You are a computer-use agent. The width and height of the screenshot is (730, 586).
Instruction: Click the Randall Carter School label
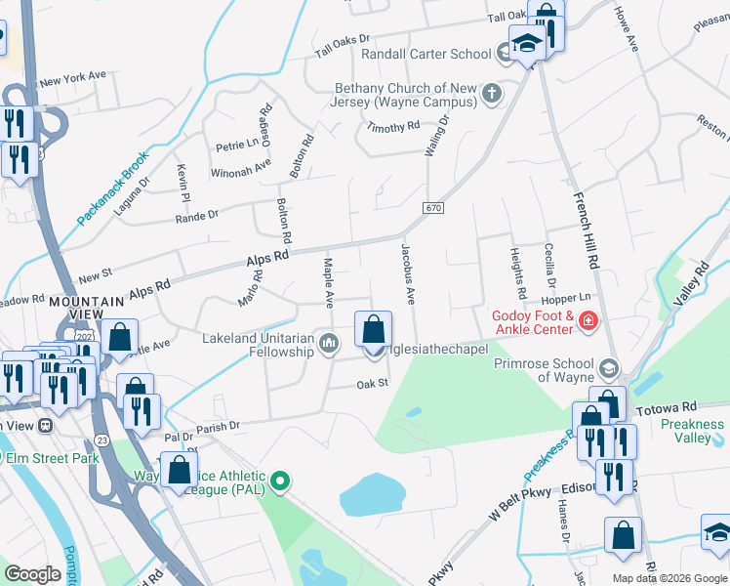pyautogui.click(x=426, y=54)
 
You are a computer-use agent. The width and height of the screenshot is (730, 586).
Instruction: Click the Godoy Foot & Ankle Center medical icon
pyautogui.click(x=588, y=320)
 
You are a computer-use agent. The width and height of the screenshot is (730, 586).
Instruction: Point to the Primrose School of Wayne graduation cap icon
pyautogui.click(x=609, y=367)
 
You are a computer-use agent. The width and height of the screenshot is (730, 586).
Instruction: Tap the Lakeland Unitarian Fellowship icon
pyautogui.click(x=330, y=341)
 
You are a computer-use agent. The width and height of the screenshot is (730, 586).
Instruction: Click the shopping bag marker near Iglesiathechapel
pyautogui.click(x=373, y=330)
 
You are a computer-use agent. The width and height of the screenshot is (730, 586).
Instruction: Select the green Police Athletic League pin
pyautogui.click(x=280, y=480)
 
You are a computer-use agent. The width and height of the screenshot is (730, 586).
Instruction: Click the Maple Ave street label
pyautogui.click(x=329, y=279)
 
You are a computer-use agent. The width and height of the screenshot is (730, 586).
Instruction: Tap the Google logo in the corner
pyautogui.click(x=33, y=573)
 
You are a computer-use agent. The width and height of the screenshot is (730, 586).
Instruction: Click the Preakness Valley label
pyautogui.click(x=692, y=431)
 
